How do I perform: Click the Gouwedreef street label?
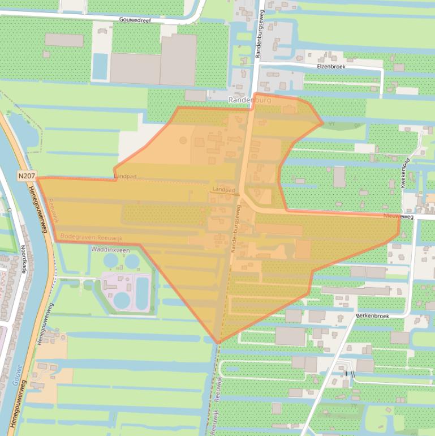(x=136, y=19)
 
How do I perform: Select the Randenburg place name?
(x=249, y=100)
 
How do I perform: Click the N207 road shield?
(x=25, y=176)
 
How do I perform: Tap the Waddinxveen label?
(x=110, y=249)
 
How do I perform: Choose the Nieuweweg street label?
(x=398, y=216)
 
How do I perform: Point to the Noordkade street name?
(x=23, y=261)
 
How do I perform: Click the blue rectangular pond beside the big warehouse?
(x=100, y=67)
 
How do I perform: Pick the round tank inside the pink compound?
(x=122, y=299)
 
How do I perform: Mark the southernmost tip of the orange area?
(x=218, y=343)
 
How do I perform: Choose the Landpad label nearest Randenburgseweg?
(x=223, y=189)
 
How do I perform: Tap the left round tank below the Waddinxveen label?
(x=111, y=260)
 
